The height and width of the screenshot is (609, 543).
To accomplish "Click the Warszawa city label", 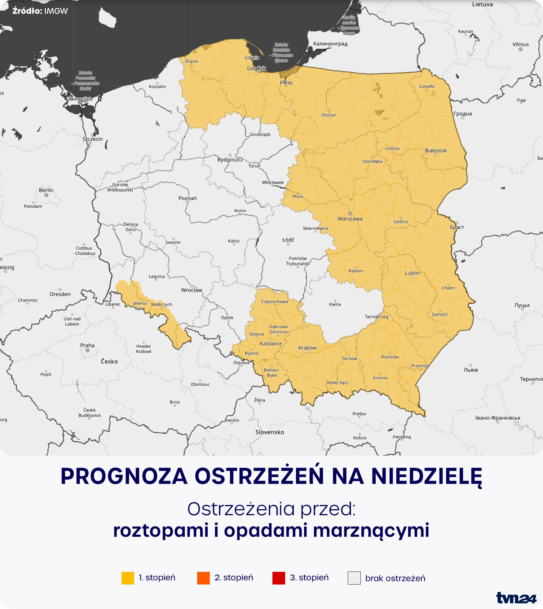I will pyautogui.click(x=350, y=218).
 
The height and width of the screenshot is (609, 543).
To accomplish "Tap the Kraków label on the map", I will pyautogui.click(x=307, y=348).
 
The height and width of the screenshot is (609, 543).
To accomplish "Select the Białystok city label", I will pyautogui.click(x=436, y=150).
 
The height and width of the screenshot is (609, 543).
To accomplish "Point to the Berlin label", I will pyautogui.click(x=46, y=190).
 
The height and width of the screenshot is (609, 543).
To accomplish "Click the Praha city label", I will pyautogui.click(x=87, y=345).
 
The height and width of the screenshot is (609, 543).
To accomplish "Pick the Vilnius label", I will pyautogui.click(x=520, y=44).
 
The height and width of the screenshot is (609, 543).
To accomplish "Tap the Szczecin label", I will pyautogui.click(x=92, y=139).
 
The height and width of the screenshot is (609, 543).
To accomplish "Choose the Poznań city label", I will pyautogui.click(x=188, y=198).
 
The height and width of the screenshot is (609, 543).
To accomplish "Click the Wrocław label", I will pyautogui.click(x=192, y=290).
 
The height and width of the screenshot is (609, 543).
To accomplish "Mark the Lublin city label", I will pyautogui.click(x=412, y=273).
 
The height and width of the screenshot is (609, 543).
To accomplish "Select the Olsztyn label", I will pyautogui.click(x=329, y=115).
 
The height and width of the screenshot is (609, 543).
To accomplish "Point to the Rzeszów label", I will pyautogui.click(x=390, y=357).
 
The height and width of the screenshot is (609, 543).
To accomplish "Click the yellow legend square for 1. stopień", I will pyautogui.click(x=128, y=578).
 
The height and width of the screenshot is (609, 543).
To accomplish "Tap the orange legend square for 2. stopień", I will pyautogui.click(x=203, y=578).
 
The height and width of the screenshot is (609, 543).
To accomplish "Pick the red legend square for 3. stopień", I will pyautogui.click(x=279, y=578).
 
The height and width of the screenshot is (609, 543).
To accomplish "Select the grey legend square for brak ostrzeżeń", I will pyautogui.click(x=354, y=578).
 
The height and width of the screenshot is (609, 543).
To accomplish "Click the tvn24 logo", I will pyautogui.click(x=516, y=598).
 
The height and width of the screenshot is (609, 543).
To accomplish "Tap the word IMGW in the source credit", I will pyautogui.click(x=56, y=11).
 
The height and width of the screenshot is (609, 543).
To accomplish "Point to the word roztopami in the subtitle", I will pyautogui.click(x=161, y=530).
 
